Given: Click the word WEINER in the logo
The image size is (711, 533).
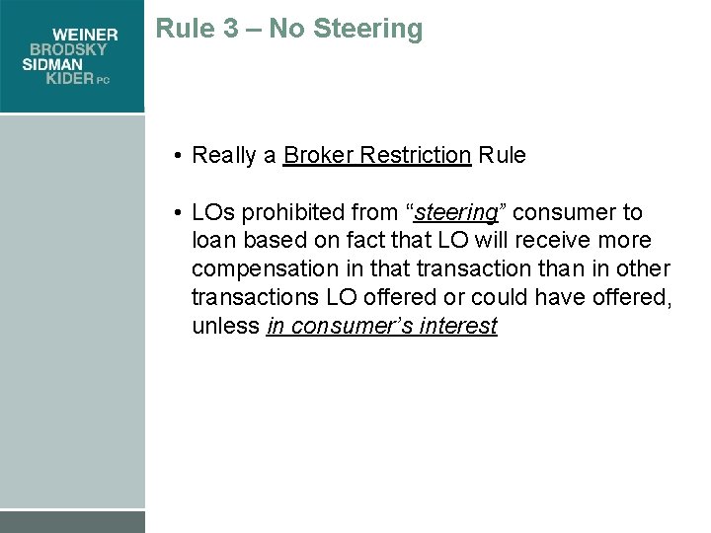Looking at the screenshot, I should coord(85,35).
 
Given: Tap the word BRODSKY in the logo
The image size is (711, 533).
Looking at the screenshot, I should coord(74,49).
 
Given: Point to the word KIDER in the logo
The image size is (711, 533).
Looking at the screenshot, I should coord(70,79).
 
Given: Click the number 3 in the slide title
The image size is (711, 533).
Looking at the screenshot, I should coord(230,29).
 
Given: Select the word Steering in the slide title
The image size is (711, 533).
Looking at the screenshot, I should coord(367,30).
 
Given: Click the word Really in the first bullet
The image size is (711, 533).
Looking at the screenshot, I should coord(223,155).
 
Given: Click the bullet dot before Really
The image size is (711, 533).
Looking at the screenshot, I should coord(175,155).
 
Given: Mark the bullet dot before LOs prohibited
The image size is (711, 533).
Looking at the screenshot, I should coord(175,212).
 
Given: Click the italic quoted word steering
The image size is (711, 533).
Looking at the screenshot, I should coord(456,212).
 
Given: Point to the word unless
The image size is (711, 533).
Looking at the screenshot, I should coord(225,327).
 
